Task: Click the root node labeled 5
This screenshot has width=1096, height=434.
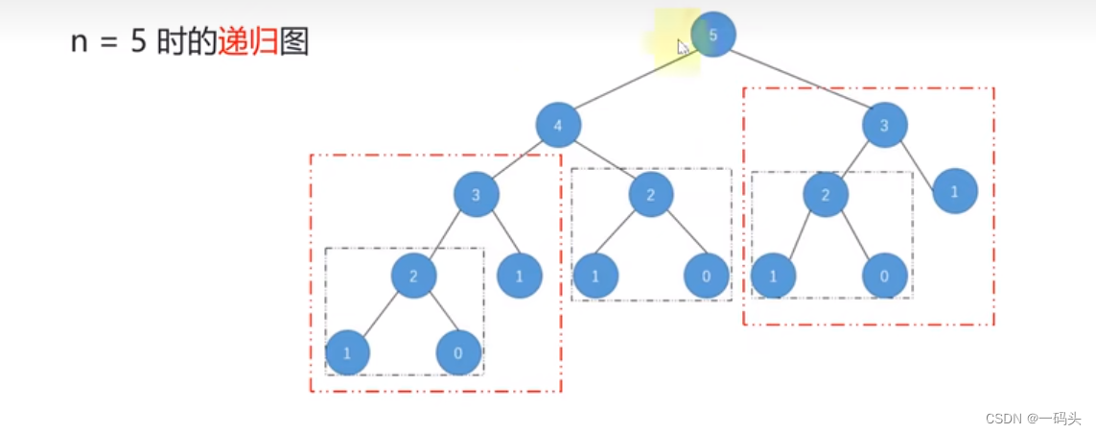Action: pyautogui.click(x=713, y=35)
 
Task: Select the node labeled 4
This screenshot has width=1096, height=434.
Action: pyautogui.click(x=557, y=126)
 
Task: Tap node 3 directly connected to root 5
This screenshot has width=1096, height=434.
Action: pyautogui.click(x=884, y=125)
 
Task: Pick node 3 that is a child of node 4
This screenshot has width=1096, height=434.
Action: pyautogui.click(x=477, y=196)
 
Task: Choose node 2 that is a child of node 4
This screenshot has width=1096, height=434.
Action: pyautogui.click(x=651, y=196)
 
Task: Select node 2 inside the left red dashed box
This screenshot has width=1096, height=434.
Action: pyautogui.click(x=413, y=277)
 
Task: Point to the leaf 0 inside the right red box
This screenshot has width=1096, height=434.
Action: pyautogui.click(x=884, y=277)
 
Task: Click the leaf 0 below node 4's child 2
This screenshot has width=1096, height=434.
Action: pyautogui.click(x=707, y=277)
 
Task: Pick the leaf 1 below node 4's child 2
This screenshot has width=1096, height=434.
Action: pyautogui.click(x=595, y=277)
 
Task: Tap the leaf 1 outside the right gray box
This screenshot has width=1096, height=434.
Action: pyautogui.click(x=954, y=191)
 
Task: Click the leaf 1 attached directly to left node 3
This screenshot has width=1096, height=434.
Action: pyautogui.click(x=520, y=277)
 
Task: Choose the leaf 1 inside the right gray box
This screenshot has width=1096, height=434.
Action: pyautogui.click(x=773, y=277)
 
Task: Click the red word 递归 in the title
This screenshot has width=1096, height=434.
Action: pyautogui.click(x=247, y=42)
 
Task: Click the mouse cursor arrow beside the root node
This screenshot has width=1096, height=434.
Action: pyautogui.click(x=682, y=46)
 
